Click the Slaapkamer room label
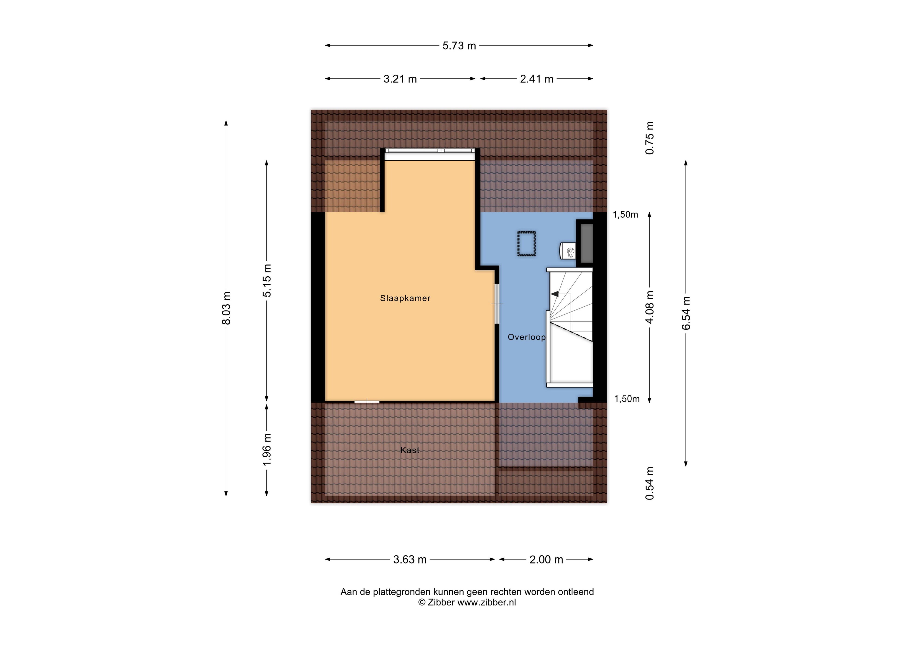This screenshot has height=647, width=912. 405,298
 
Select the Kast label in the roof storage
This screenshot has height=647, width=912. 410,450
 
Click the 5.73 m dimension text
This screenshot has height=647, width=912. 459,46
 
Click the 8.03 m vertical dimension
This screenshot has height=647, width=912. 226,308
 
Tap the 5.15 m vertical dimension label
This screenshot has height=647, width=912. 267,281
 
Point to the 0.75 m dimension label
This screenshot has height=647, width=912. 650,138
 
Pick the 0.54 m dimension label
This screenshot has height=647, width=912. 650,483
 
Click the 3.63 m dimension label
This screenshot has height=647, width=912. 410,560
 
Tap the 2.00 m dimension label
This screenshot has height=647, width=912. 546,560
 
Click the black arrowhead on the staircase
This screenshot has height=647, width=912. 554,294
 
